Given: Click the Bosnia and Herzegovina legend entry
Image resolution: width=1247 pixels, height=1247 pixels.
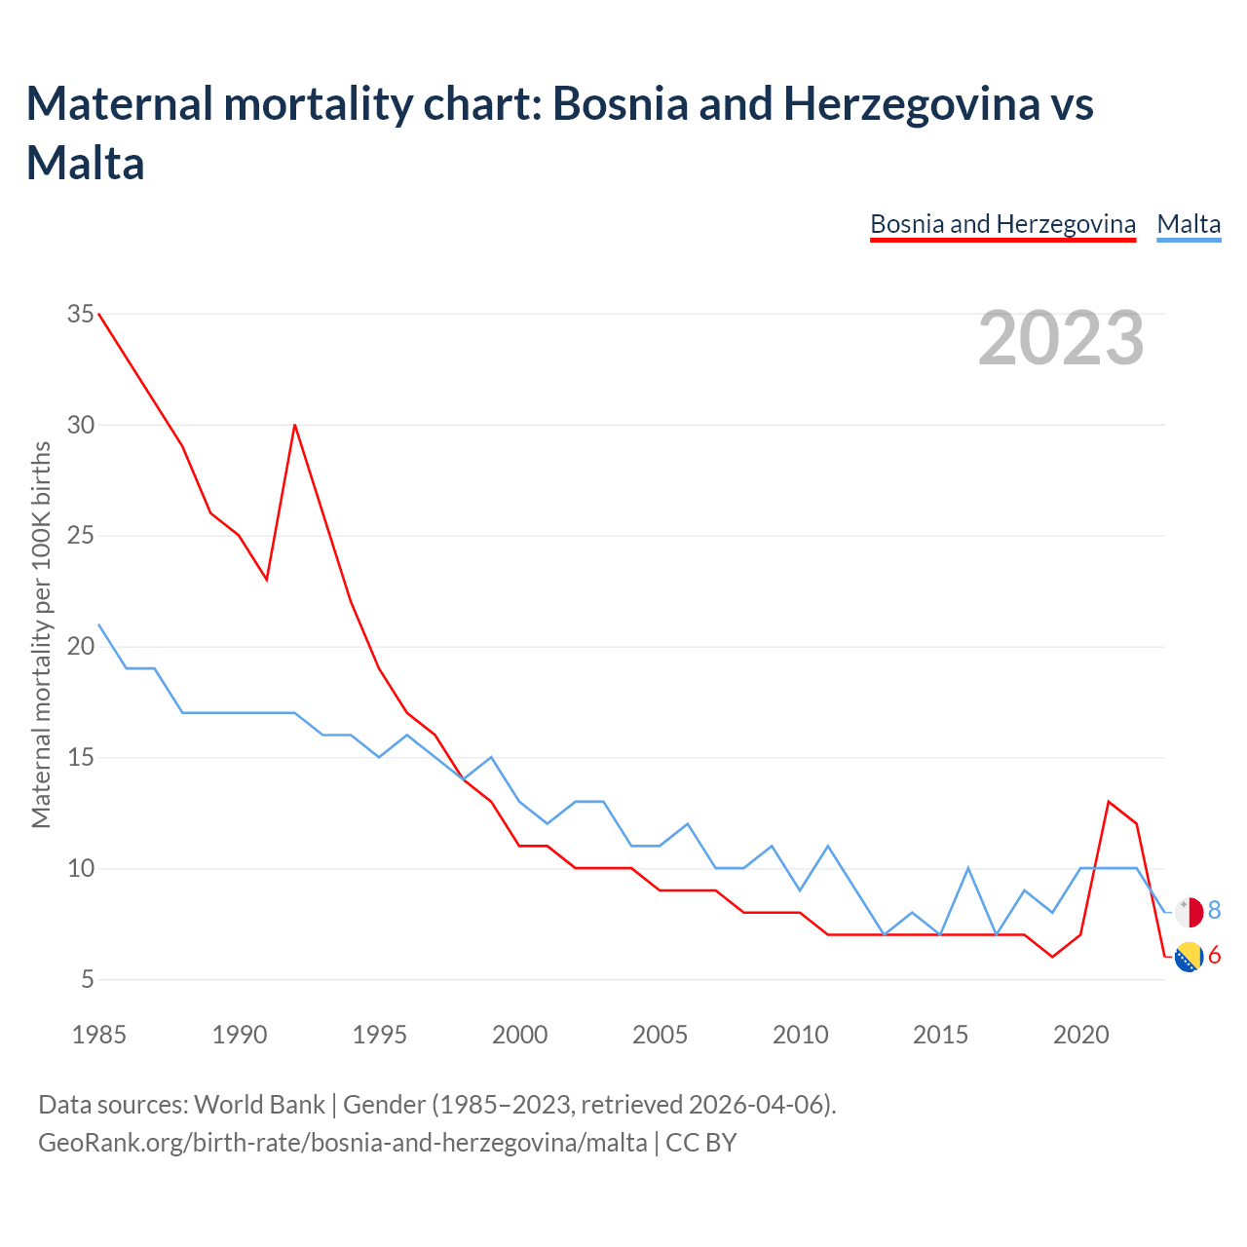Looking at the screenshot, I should point(1002,224).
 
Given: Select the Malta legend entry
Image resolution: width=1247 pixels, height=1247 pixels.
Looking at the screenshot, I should point(1189,224).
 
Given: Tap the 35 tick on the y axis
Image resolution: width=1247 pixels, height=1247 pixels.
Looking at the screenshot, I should point(81,314).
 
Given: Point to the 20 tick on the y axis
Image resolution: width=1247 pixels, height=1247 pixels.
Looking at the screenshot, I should point(81,647).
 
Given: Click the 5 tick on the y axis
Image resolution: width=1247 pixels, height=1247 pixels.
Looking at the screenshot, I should point(88,979).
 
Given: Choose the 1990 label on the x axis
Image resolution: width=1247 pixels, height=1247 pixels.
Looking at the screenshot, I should point(239,1035).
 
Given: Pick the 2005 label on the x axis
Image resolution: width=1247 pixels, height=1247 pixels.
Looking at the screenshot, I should point(660,1035).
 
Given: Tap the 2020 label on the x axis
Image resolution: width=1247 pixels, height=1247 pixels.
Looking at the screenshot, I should point(1080,1035).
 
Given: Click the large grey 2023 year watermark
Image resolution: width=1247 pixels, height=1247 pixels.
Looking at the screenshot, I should point(1061,338).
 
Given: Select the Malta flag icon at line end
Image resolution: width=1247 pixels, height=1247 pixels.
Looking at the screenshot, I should point(1189,912).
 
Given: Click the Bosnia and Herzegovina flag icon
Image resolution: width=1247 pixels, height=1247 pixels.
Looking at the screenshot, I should point(1189,957).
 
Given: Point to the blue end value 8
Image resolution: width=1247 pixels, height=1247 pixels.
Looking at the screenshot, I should point(1214,911).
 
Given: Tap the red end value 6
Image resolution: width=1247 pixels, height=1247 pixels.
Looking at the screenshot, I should point(1214,956).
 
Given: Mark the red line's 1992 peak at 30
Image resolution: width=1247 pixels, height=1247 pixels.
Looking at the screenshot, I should point(294,425).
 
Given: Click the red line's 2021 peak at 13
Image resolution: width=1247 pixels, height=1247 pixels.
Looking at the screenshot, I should point(1109,802).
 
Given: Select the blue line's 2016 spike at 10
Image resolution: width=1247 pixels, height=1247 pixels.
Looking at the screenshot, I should point(968,868).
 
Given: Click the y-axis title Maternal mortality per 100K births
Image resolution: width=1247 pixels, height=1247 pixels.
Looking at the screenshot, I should point(41,634).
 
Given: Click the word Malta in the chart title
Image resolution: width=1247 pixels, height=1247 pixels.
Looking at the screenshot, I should point(86,163).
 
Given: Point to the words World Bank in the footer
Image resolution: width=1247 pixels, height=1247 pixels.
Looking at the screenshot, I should point(259,1105).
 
